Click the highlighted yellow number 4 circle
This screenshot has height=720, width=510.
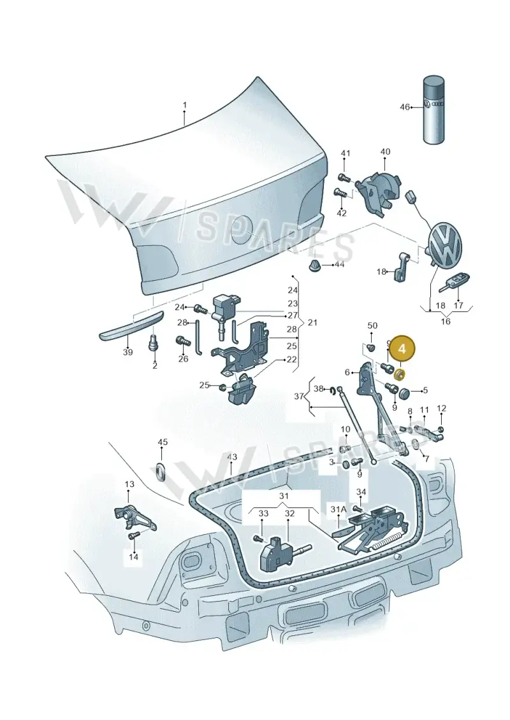[x=402, y=349]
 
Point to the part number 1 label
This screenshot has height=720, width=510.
[x=184, y=105]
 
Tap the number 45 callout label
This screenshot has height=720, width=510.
[x=163, y=442]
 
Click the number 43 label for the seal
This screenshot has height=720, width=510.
[x=232, y=457]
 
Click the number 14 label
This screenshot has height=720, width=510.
[x=133, y=557]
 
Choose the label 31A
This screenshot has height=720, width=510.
[x=338, y=509]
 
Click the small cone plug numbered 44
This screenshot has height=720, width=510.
[x=314, y=265]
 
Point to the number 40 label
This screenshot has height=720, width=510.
[x=385, y=152]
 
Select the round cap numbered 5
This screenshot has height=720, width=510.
[x=404, y=393]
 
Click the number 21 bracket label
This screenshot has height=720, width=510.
[x=313, y=323]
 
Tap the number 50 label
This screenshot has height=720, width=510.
[x=372, y=325]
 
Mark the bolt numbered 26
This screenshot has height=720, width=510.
[x=182, y=341]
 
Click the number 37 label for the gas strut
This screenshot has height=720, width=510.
[x=299, y=396]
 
